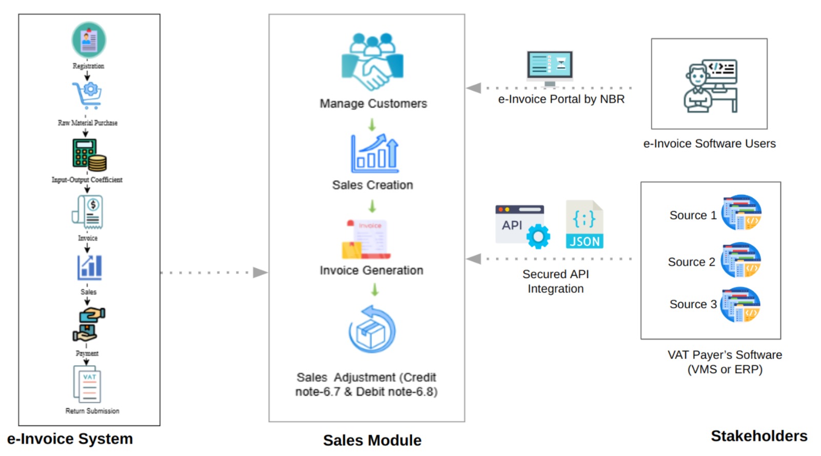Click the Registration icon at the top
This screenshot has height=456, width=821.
click(89, 40)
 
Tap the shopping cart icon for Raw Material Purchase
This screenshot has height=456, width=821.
click(87, 95)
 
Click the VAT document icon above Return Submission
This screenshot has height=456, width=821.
click(88, 384)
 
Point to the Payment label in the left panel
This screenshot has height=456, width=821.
click(87, 353)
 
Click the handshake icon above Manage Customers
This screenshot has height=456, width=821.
click(373, 63)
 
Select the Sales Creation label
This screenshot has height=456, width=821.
click(373, 185)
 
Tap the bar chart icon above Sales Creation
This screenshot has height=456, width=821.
click(375, 154)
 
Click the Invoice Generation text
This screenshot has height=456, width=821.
click(372, 270)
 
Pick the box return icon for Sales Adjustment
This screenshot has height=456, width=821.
click(372, 330)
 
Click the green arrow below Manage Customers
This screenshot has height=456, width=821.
click(372, 125)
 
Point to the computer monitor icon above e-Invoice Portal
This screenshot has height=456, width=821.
click(550, 67)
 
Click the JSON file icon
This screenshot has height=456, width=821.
click(584, 225)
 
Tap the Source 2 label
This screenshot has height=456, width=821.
click(691, 262)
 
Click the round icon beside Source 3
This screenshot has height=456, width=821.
click(740, 305)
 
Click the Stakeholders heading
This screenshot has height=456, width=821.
click(759, 436)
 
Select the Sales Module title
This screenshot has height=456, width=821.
click(372, 440)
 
